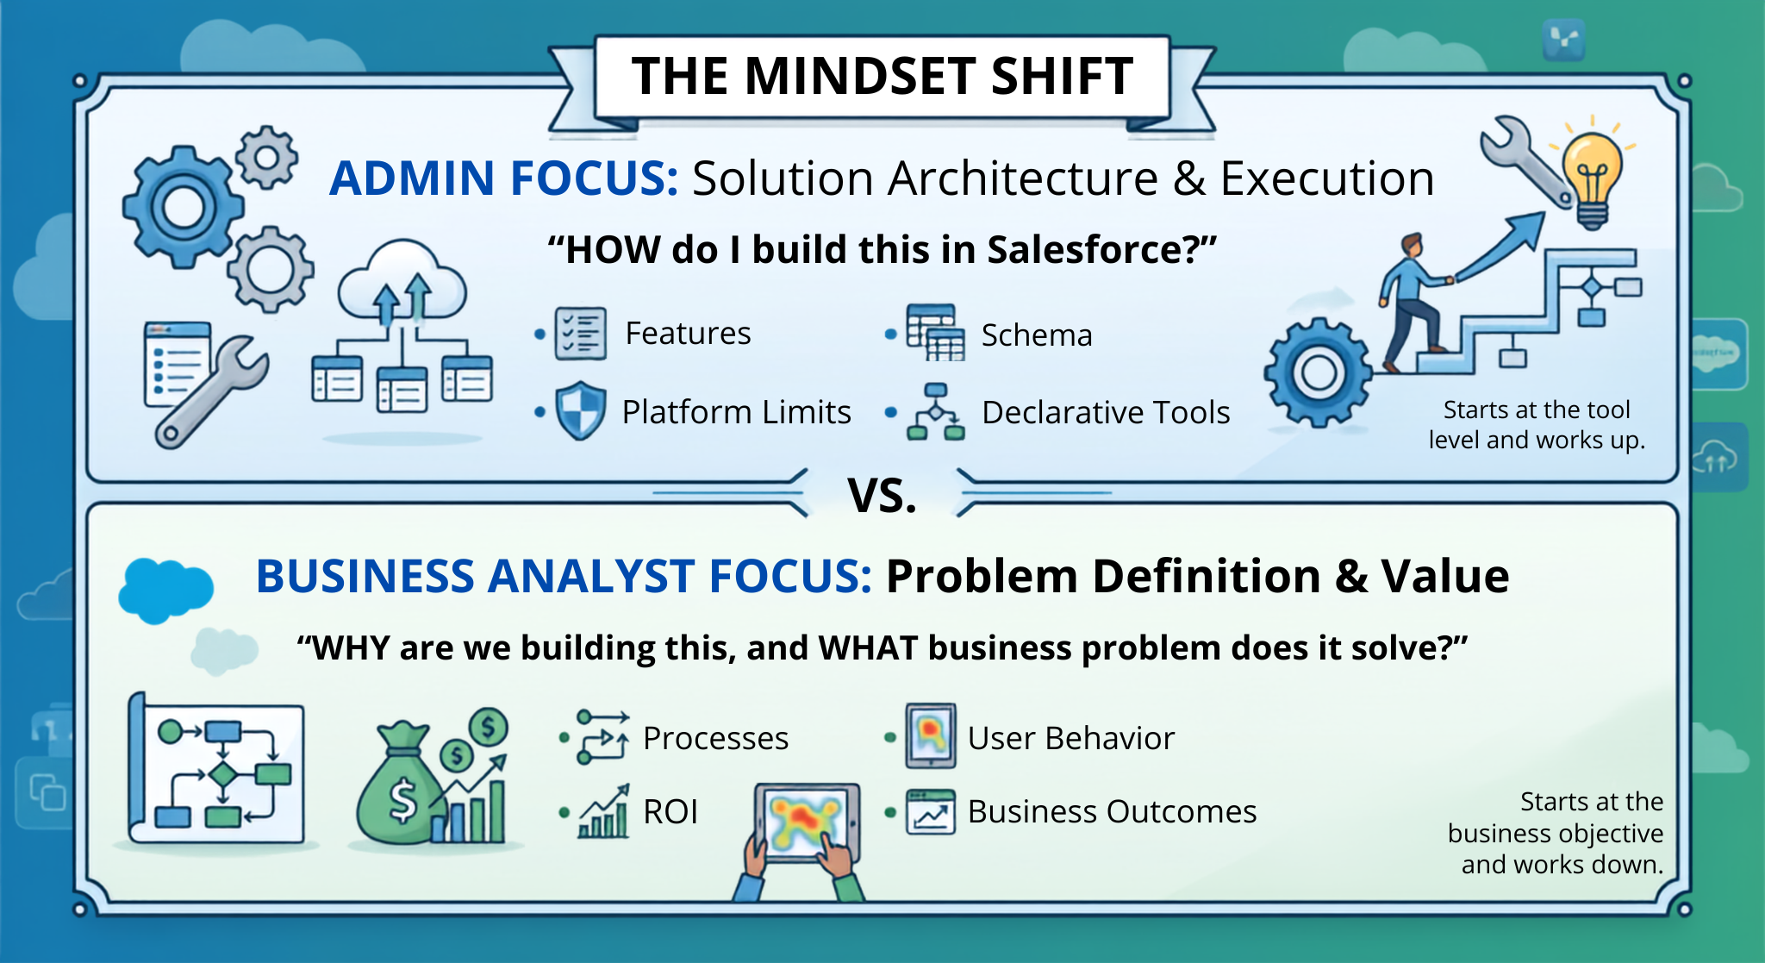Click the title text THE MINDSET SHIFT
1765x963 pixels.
[882, 76]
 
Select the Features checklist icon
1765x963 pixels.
[580, 333]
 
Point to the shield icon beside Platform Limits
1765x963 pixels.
[580, 410]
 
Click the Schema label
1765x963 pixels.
[1037, 335]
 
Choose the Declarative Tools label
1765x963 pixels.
[1106, 412]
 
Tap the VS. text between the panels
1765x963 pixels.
[882, 496]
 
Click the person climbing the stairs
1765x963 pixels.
[1413, 302]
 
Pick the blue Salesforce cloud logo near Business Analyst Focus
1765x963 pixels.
[165, 590]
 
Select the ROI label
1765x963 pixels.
[670, 811]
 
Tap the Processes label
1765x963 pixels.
[715, 738]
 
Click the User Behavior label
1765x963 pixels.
[1071, 738]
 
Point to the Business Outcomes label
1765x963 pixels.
[1112, 811]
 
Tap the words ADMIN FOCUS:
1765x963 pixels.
[504, 178]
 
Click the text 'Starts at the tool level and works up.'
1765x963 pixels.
[1537, 424]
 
